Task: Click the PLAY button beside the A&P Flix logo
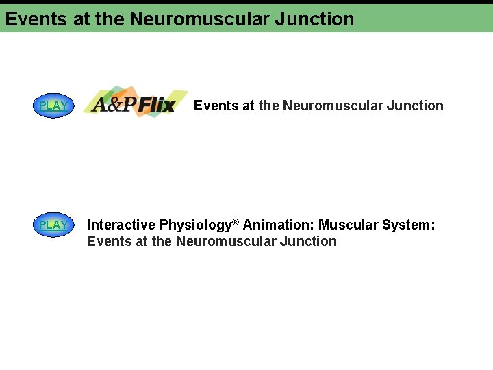53,106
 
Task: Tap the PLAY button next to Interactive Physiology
53,225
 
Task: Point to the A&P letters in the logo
114,105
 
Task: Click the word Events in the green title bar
36,19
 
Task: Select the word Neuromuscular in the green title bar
199,19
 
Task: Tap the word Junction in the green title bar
314,19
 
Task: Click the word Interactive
121,225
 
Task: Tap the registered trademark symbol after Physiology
236,221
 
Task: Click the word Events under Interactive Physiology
108,241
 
